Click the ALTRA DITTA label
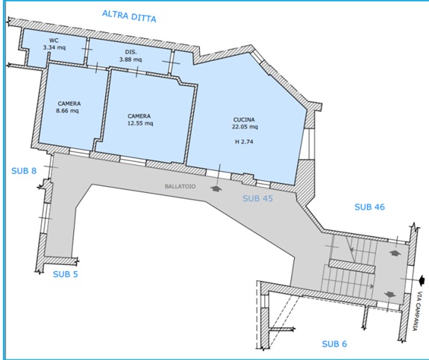pyautogui.click(x=129, y=16)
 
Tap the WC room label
pyautogui.click(x=54, y=40)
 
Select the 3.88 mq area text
pyautogui.click(x=131, y=59)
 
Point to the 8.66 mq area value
pyautogui.click(x=67, y=111)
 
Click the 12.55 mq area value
pyautogui.click(x=140, y=123)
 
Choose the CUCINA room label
pyautogui.click(x=244, y=120)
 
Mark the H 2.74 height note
pyautogui.click(x=244, y=142)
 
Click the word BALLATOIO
pyautogui.click(x=180, y=186)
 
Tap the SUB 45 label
pyautogui.click(x=257, y=199)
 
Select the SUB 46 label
pyautogui.click(x=369, y=207)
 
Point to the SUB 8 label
pyautogui.click(x=24, y=171)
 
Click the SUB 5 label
pyautogui.click(x=66, y=274)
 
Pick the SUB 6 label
pyautogui.click(x=334, y=344)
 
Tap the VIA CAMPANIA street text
pyautogui.click(x=417, y=311)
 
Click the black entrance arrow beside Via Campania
pyautogui.click(x=422, y=280)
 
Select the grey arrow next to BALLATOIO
pyautogui.click(x=216, y=188)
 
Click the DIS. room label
pyautogui.click(x=131, y=52)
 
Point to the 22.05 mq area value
pyautogui.click(x=245, y=126)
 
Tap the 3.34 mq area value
pyautogui.click(x=54, y=47)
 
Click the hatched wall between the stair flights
pyautogui.click(x=351, y=267)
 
